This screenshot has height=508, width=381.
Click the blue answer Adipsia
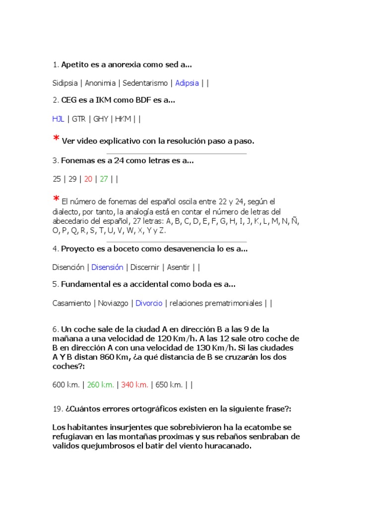point(187,83)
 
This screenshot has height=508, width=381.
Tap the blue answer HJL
point(58,119)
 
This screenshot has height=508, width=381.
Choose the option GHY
point(101,119)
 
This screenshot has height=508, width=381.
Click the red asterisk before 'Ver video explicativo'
point(56,140)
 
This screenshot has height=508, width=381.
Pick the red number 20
point(88,179)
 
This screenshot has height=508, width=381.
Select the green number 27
point(104,179)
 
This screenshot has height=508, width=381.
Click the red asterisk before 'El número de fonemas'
point(56,200)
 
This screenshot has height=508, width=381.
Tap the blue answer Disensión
point(107,267)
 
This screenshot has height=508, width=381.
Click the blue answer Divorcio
point(149,303)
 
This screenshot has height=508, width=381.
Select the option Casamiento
point(71,303)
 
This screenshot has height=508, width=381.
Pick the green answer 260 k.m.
point(101,384)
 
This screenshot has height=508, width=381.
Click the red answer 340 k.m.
point(134,384)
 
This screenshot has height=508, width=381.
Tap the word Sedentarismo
point(145,83)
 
